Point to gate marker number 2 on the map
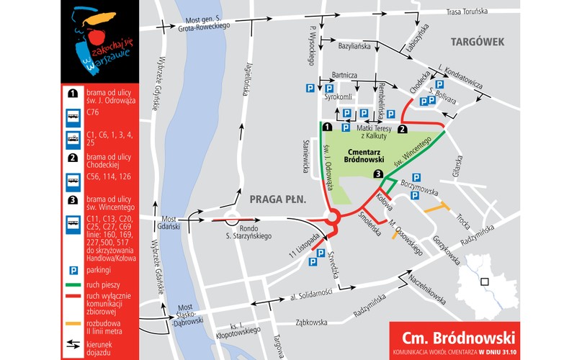pyautogui.click(x=403, y=129)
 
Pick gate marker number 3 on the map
pyautogui.click(x=377, y=174)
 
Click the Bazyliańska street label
pyautogui.click(x=355, y=45)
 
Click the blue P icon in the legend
pyautogui.click(x=73, y=271)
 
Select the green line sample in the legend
pyautogui.click(x=73, y=285)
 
